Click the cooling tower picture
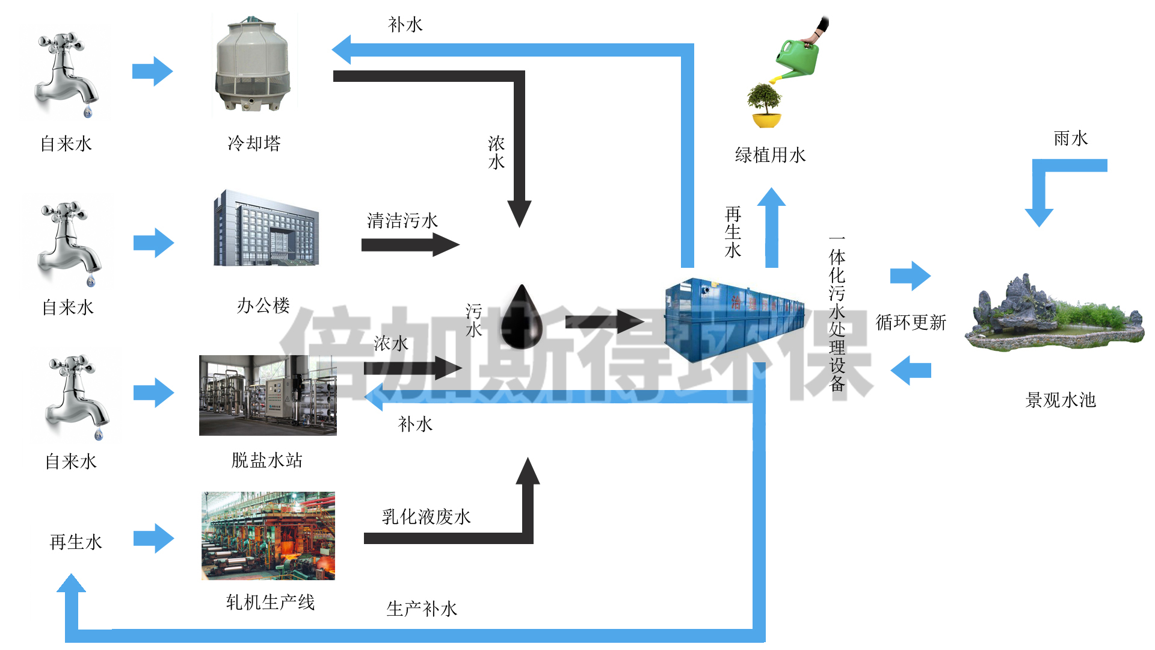pos(253,65)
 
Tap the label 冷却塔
pos(254,143)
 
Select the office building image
pos(265,229)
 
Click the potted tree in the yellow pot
pos(765,106)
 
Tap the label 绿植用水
pos(770,155)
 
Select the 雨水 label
pos(1070,138)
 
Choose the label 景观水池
pos(1061,400)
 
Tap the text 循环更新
pos(911,323)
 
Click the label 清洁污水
pos(402,221)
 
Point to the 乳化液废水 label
pos(426,516)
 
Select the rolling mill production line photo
pos(268,536)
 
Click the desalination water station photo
pos(268,395)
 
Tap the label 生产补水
pos(422,609)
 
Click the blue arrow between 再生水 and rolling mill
pos(154,538)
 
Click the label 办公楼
pos(263,306)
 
